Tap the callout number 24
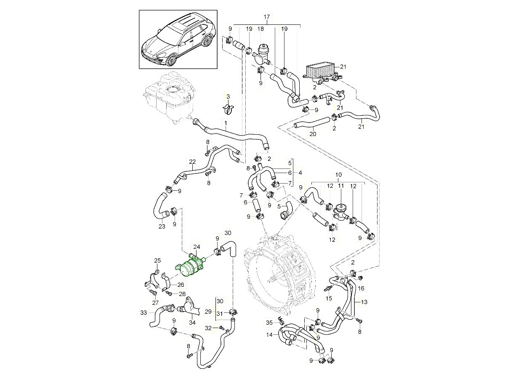tap(197, 247)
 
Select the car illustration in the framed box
tap(178, 40)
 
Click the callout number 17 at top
tap(267, 17)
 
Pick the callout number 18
tap(260, 29)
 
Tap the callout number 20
tap(313, 134)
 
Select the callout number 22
tap(192, 162)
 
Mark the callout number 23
tap(162, 226)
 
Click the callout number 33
tap(144, 313)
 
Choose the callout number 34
tap(192, 323)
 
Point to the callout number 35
tap(269, 323)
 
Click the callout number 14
tap(270, 335)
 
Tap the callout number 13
tap(364, 302)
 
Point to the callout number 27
tap(154, 302)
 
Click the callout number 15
tap(329, 298)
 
